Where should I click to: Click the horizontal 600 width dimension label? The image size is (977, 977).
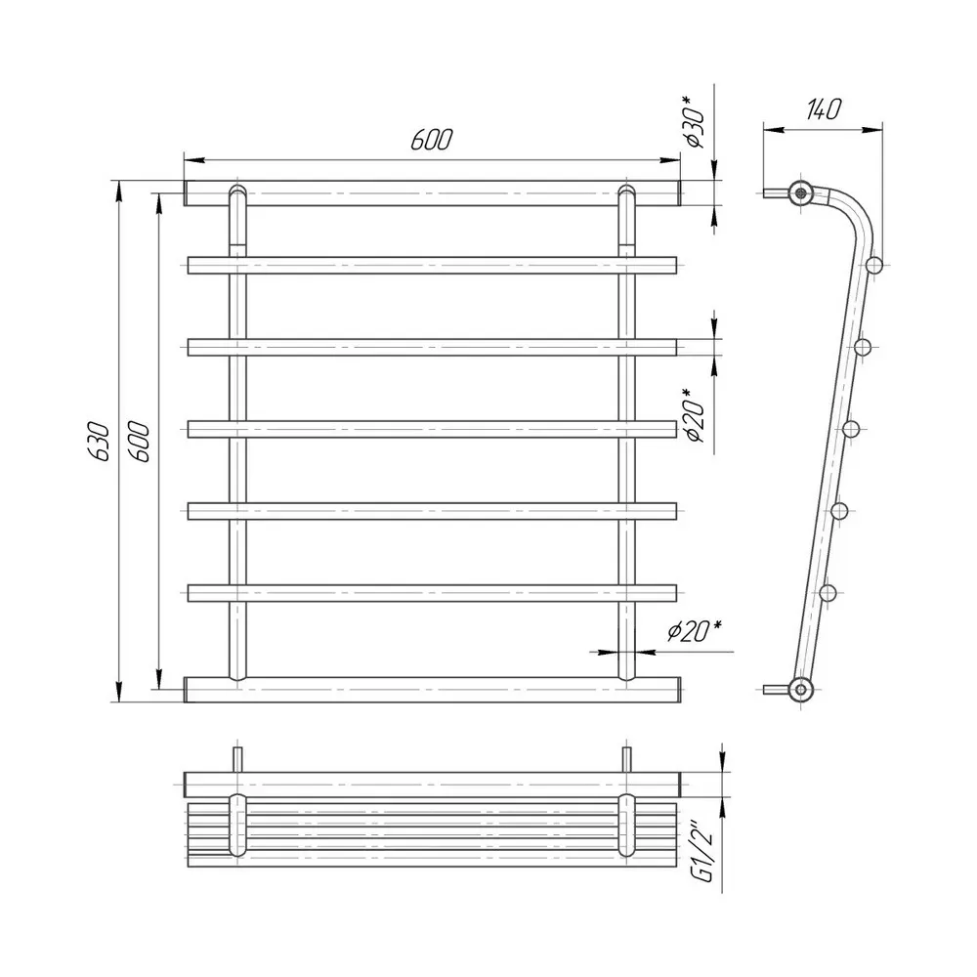430,141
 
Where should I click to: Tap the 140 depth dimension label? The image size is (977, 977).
823,109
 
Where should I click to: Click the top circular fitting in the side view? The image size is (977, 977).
801,191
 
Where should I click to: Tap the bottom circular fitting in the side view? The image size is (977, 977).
802,689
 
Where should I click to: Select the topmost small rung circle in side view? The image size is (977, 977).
873,263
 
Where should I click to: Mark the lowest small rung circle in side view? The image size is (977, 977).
828,592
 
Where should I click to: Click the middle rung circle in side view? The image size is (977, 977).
851,428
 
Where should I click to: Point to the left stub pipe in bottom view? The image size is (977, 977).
236,759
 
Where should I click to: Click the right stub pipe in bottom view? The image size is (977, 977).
626,759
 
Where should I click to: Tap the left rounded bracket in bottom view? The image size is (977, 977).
237,826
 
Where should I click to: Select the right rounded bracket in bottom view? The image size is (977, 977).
627,826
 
